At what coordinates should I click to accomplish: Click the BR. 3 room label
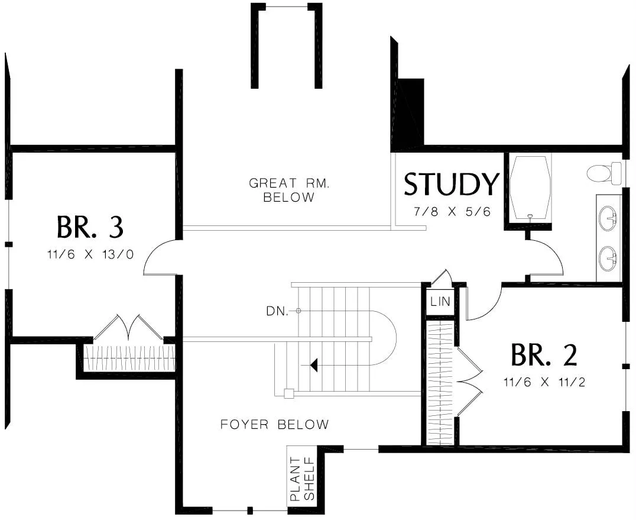click(x=90, y=227)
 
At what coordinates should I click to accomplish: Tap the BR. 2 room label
click(x=543, y=355)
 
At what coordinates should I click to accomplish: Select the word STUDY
click(x=451, y=185)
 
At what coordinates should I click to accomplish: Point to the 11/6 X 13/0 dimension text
click(x=90, y=255)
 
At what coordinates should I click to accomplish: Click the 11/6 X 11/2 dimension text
click(x=544, y=382)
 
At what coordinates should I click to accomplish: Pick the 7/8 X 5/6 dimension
click(x=452, y=211)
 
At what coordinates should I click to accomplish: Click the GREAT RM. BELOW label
click(x=289, y=190)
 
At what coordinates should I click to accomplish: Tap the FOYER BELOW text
click(x=274, y=424)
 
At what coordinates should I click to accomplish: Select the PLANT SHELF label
click(x=301, y=479)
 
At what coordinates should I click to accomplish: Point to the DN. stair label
click(x=278, y=311)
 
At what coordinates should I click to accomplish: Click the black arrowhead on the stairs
click(x=314, y=365)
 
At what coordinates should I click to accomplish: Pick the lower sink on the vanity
click(x=608, y=258)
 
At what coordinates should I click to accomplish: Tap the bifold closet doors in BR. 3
click(x=128, y=328)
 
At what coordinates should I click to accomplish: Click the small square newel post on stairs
click(x=288, y=393)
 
